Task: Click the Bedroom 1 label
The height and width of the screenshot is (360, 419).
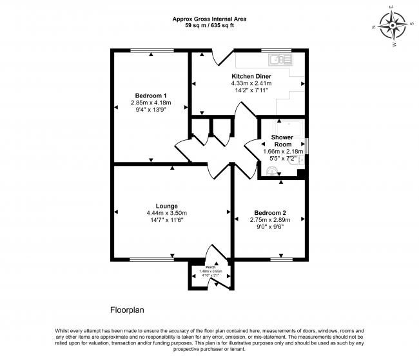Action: [x=151, y=95]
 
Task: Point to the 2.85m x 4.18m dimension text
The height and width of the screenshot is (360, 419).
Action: [x=151, y=102]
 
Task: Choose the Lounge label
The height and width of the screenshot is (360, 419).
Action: [x=171, y=206]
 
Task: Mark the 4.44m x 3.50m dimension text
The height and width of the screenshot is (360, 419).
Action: [x=171, y=213]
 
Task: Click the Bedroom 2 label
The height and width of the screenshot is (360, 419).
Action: [x=269, y=213]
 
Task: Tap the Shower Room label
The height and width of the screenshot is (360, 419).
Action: [x=282, y=141]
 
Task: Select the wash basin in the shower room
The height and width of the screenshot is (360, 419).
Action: [x=272, y=171]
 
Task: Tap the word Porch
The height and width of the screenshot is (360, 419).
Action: [x=210, y=267]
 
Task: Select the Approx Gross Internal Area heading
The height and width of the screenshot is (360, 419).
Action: [x=209, y=19]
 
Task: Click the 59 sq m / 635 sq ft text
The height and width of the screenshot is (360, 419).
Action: [x=209, y=26]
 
